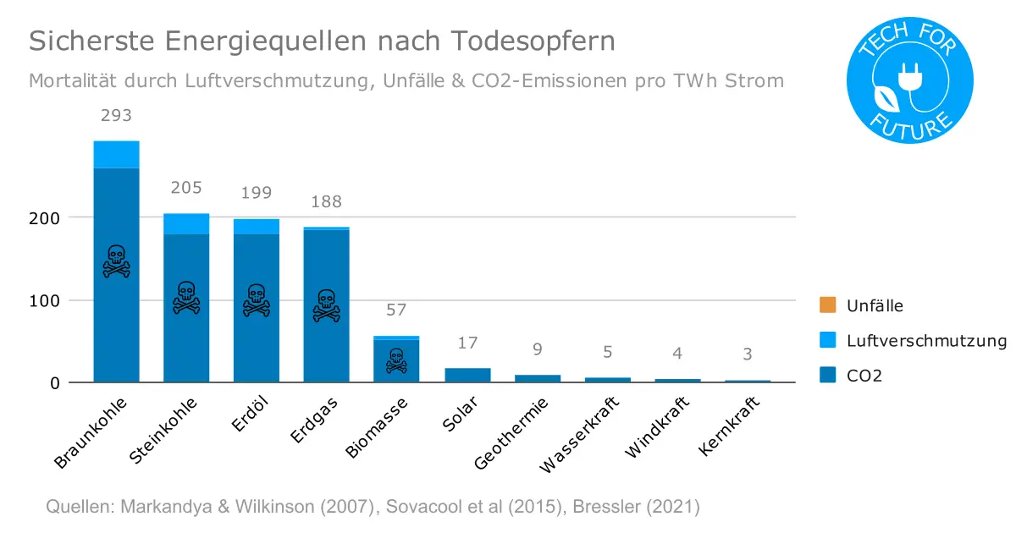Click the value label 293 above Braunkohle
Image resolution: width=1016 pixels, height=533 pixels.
pyautogui.click(x=116, y=116)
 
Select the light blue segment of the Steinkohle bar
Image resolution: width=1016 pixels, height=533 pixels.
pyautogui.click(x=186, y=224)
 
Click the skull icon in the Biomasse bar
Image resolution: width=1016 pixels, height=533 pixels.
pyautogui.click(x=396, y=360)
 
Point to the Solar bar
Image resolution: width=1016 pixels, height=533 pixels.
pyautogui.click(x=467, y=375)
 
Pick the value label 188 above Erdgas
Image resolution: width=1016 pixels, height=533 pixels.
pyautogui.click(x=326, y=201)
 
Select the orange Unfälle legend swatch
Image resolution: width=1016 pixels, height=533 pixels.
pyautogui.click(x=828, y=305)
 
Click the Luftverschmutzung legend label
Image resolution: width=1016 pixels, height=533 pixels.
pyautogui.click(x=926, y=341)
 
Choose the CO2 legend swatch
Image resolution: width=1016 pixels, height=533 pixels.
pyautogui.click(x=828, y=376)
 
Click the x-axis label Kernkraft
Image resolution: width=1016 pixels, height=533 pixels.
pyautogui.click(x=730, y=426)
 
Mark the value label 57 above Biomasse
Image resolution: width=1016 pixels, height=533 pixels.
pyautogui.click(x=396, y=310)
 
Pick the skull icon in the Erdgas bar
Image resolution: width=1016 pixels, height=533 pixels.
pyautogui.click(x=326, y=305)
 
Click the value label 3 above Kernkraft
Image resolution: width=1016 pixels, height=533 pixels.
pyautogui.click(x=747, y=354)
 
